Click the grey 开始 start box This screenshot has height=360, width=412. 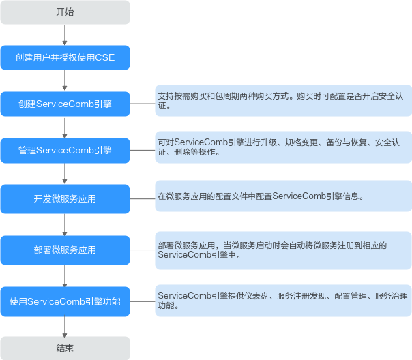click(x=65, y=12)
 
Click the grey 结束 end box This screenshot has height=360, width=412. click(x=65, y=348)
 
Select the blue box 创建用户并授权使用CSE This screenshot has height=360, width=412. click(x=65, y=58)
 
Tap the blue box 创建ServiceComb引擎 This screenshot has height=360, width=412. click(x=65, y=104)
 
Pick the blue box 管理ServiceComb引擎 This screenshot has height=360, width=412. click(x=65, y=150)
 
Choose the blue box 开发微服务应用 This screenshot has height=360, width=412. click(x=65, y=199)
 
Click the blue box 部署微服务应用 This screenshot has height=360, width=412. click(x=65, y=250)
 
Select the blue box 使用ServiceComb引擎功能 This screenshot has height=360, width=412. click(x=65, y=301)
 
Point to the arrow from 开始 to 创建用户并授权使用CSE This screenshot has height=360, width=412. click(x=65, y=35)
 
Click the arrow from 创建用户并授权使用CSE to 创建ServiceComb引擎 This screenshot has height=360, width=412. click(x=65, y=80)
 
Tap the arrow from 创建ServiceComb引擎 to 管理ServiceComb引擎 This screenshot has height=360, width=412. click(x=65, y=127)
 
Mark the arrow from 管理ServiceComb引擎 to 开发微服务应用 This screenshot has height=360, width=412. click(x=65, y=173)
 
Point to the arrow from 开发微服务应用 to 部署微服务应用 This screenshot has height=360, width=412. click(x=65, y=224)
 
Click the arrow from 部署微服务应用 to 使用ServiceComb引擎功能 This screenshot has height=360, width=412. click(x=65, y=275)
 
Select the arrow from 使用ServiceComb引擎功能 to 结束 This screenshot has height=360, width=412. click(x=65, y=325)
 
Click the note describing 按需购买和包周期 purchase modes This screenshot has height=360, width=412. click(x=283, y=101)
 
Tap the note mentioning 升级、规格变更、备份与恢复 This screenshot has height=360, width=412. click(x=283, y=147)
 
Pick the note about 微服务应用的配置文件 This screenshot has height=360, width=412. click(x=283, y=196)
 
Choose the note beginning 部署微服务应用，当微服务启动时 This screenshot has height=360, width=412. click(x=283, y=250)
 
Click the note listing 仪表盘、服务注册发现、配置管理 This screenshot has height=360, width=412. click(x=283, y=301)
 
